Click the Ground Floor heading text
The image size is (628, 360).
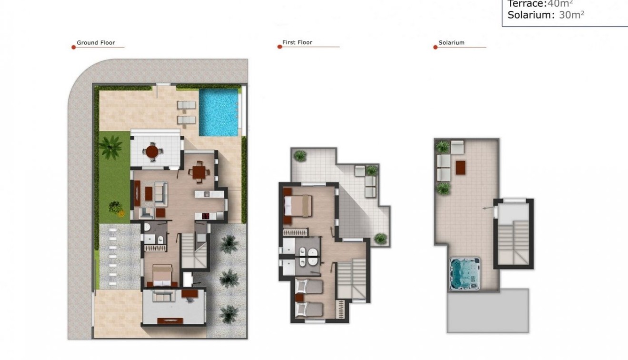pyautogui.click(x=96, y=43)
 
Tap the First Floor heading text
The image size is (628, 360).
pyautogui.click(x=297, y=42)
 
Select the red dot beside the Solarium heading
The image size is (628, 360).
pyautogui.click(x=435, y=47)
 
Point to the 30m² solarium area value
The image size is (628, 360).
pyautogui.click(x=571, y=15)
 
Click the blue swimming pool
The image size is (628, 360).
pyautogui.click(x=219, y=112)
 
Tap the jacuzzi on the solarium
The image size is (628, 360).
pyautogui.click(x=465, y=274)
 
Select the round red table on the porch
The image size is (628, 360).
pyautogui.click(x=152, y=151)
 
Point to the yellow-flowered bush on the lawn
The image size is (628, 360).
pyautogui.click(x=115, y=208)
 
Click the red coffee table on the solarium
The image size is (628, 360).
pyautogui.click(x=460, y=167)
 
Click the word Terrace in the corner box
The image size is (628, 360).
pyautogui.click(x=526, y=4)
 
